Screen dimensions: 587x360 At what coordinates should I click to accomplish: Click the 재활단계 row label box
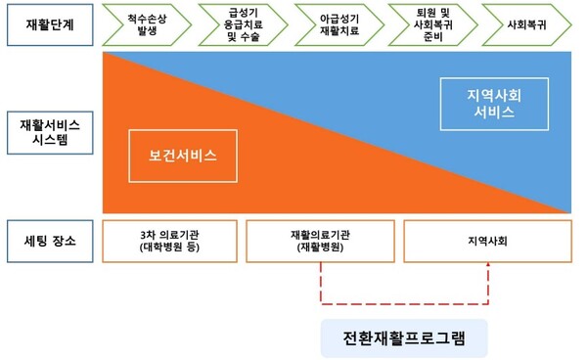pos(50,23)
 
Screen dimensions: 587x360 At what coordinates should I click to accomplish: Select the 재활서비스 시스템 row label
pos(50,133)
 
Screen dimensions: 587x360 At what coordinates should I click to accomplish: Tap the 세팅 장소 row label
pos(50,240)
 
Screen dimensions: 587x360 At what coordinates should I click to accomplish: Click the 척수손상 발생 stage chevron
pos(147,23)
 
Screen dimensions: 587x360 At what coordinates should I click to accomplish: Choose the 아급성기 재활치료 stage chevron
pos(339,23)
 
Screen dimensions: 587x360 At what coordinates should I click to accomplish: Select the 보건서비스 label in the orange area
pos(182,157)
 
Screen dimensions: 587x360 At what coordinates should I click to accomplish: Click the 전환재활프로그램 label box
pos(403,338)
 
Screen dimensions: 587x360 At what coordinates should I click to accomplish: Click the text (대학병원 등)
pos(169,248)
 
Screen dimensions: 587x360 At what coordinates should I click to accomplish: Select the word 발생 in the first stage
pos(147,30)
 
